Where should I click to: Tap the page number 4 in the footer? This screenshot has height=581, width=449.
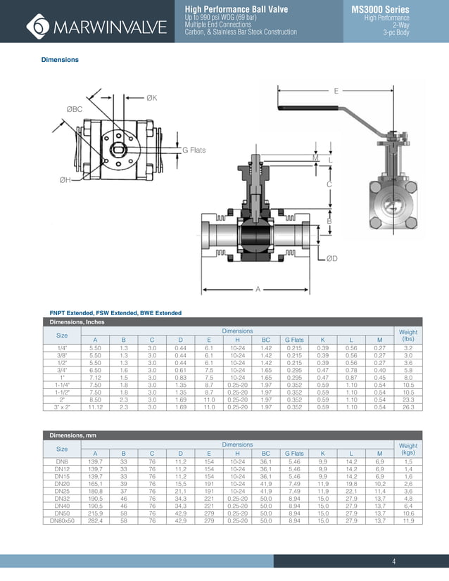pos(394,561)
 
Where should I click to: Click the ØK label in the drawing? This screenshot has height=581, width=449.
pos(151,98)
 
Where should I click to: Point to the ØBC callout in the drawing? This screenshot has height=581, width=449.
pos(75,109)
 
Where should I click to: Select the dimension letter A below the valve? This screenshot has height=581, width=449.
pos(258,289)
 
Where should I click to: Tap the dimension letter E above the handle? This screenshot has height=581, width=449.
pos(336,91)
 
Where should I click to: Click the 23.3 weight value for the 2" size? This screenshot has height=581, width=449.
pos(407,399)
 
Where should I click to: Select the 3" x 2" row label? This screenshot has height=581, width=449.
pos(62,406)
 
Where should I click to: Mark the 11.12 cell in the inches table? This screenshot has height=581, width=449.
pos(95,406)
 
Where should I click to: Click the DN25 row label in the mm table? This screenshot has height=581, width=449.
pos(62,491)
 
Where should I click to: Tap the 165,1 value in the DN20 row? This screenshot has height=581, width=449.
pos(95,484)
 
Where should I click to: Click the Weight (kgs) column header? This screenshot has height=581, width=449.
pos(407,449)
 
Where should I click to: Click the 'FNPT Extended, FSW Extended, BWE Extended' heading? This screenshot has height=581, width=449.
pos(115,312)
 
